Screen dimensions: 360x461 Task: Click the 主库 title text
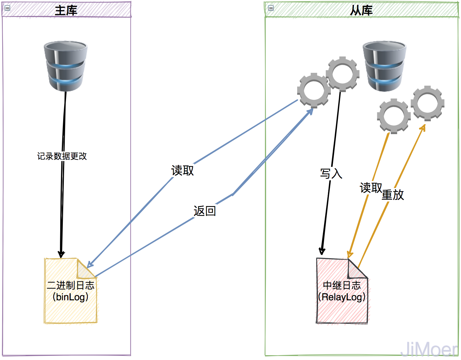pyautogui.click(x=66, y=11)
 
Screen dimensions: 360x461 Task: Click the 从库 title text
pyautogui.click(x=361, y=11)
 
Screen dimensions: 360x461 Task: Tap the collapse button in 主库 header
pyautogui.click(x=7, y=8)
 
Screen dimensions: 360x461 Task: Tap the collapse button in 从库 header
pyautogui.click(x=271, y=8)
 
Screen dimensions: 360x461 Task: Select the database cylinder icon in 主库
pyautogui.click(x=66, y=66)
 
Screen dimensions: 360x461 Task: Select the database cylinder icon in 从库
pyautogui.click(x=384, y=66)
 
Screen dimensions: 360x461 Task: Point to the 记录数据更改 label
pyautogui.click(x=62, y=156)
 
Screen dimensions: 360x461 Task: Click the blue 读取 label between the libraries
pyautogui.click(x=182, y=170)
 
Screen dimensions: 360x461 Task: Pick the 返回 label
pyautogui.click(x=205, y=211)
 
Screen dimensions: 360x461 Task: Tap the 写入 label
pyautogui.click(x=331, y=174)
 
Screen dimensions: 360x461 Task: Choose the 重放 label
pyautogui.click(x=393, y=195)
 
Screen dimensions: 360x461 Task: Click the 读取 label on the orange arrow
pyautogui.click(x=371, y=188)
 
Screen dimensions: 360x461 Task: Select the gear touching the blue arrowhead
pyautogui.click(x=314, y=90)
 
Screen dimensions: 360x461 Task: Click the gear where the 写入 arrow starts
pyautogui.click(x=342, y=74)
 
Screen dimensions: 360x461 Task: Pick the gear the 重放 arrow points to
pyautogui.click(x=428, y=103)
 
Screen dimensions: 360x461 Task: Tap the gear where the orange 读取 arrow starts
pyautogui.click(x=394, y=116)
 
